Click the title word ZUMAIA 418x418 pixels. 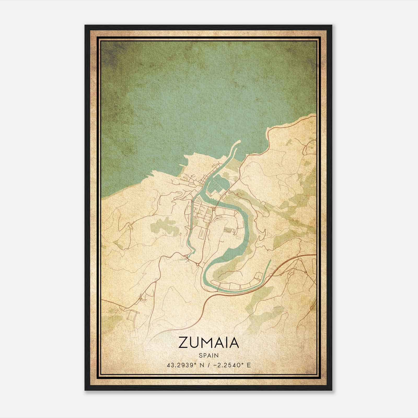tap(209, 342)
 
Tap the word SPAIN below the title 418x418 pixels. tap(209, 355)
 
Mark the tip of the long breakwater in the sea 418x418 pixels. tap(239, 141)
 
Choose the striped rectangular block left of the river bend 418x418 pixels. tap(228, 230)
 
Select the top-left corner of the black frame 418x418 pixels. tap(85, 25)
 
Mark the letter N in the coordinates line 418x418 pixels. tap(200, 365)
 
